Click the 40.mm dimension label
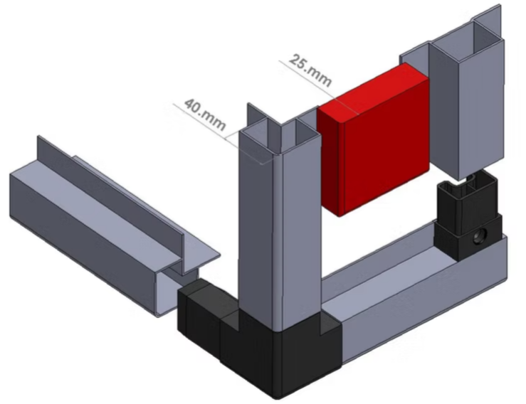(205, 115)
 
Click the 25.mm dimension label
(310, 70)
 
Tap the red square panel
(374, 140)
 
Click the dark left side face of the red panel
(332, 161)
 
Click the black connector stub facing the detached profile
(201, 310)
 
